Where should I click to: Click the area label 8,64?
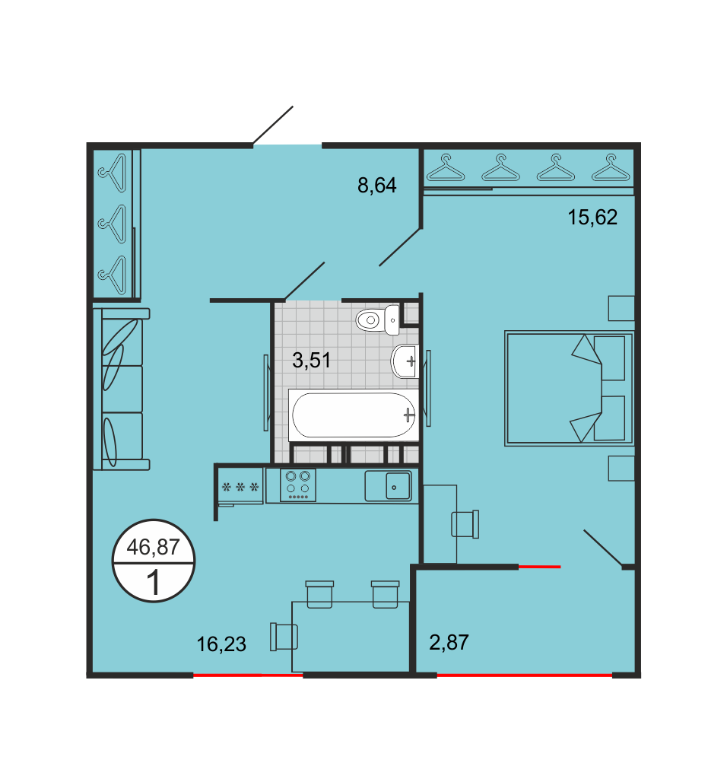click(x=377, y=186)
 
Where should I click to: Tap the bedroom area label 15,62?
click(x=592, y=218)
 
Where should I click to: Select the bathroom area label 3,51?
click(x=312, y=360)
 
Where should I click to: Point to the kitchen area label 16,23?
click(x=221, y=644)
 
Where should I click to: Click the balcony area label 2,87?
click(x=449, y=642)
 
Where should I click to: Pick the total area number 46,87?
click(x=153, y=547)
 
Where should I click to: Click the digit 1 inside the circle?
click(x=154, y=583)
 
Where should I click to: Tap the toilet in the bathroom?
click(x=377, y=319)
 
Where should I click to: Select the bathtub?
click(x=354, y=415)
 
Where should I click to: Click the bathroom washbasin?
click(x=405, y=361)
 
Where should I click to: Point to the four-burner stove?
click(x=297, y=485)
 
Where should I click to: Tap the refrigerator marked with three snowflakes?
click(x=240, y=486)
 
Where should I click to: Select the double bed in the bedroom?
click(x=569, y=388)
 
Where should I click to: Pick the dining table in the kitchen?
click(x=350, y=637)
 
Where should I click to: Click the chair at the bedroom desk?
click(x=465, y=523)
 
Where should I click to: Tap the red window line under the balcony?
click(x=524, y=676)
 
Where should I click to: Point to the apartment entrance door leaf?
click(x=273, y=126)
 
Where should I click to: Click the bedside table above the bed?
click(x=621, y=308)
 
